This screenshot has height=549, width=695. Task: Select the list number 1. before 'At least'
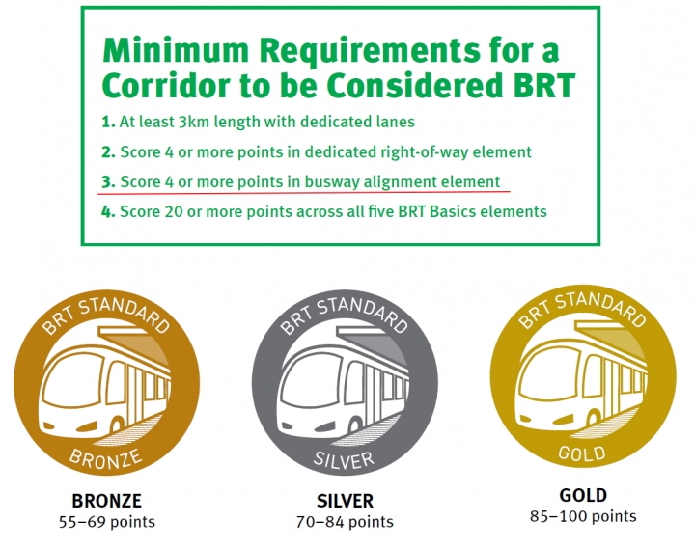click(x=108, y=122)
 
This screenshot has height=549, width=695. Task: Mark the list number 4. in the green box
click(x=108, y=211)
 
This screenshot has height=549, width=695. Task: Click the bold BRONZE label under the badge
click(x=107, y=501)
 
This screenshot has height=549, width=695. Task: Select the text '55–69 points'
click(x=107, y=522)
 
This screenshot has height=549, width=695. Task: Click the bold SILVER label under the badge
click(x=345, y=501)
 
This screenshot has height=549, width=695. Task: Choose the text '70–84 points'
click(x=345, y=522)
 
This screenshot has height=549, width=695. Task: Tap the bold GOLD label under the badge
click(x=583, y=495)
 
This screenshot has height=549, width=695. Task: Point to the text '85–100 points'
click(x=583, y=516)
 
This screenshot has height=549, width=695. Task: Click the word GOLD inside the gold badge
click(x=582, y=453)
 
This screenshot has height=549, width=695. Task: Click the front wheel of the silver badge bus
click(x=354, y=425)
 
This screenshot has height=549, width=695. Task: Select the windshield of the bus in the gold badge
click(x=549, y=374)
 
